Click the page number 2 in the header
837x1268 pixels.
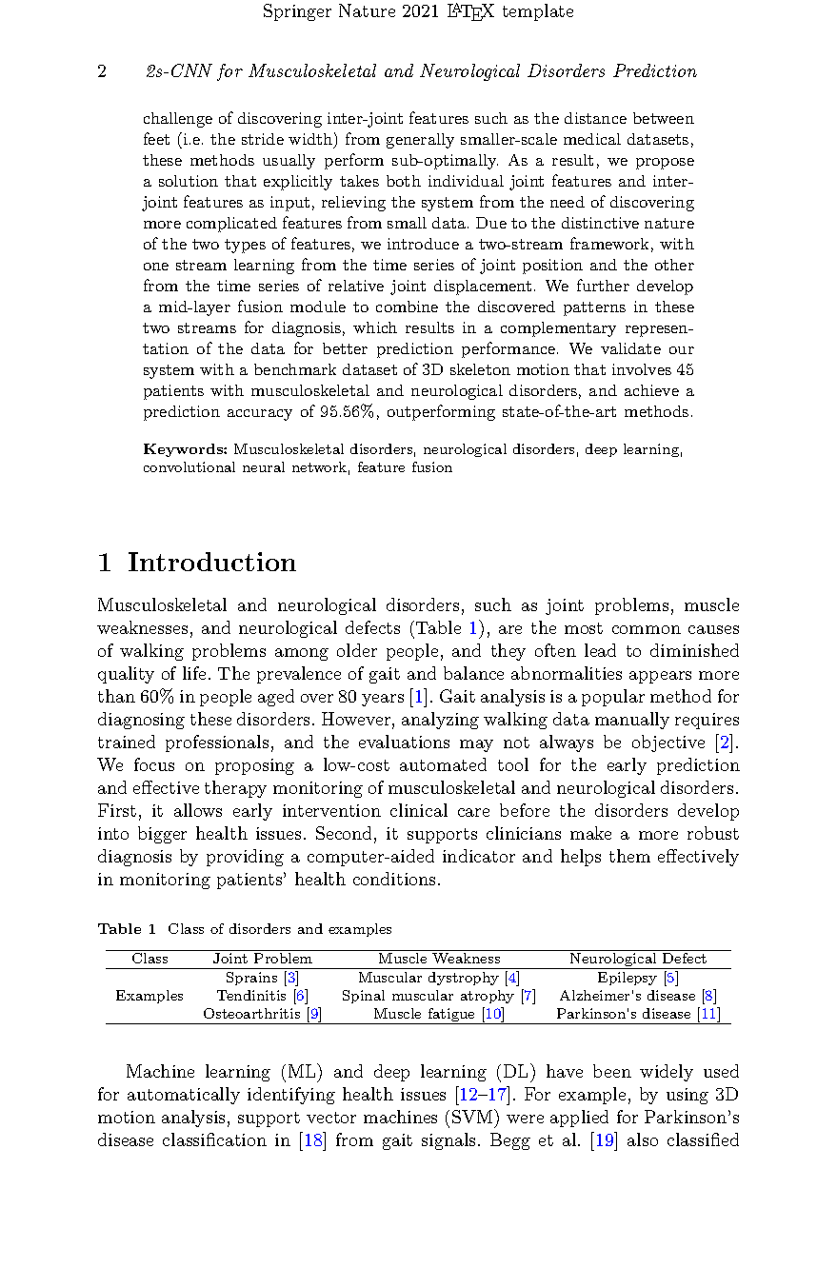(102, 72)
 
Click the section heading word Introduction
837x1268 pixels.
(211, 563)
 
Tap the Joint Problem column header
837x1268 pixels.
(262, 959)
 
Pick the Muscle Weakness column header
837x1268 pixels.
(439, 959)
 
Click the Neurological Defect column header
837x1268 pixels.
(638, 959)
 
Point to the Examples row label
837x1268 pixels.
(149, 996)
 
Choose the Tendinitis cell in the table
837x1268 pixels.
(252, 996)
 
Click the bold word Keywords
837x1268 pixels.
(186, 449)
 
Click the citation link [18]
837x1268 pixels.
(312, 1140)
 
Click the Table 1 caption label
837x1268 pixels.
(126, 929)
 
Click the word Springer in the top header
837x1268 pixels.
(294, 12)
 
